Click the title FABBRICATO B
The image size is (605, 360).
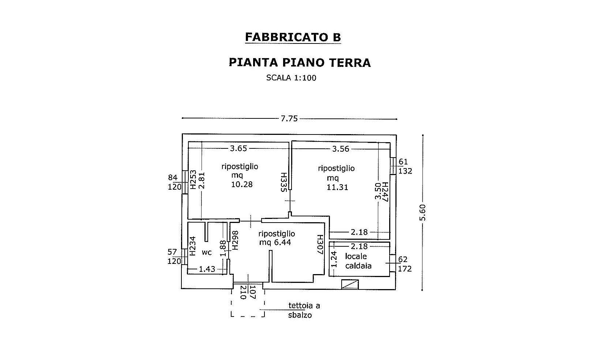click(x=293, y=37)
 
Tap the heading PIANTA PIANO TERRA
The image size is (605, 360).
click(x=300, y=62)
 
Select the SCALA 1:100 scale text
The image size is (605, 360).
click(x=291, y=78)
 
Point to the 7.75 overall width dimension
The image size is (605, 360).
click(x=289, y=118)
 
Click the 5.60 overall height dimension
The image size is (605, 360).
click(x=422, y=213)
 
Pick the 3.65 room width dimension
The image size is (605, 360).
click(x=238, y=148)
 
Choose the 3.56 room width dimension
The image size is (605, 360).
click(x=341, y=149)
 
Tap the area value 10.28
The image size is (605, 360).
click(x=242, y=184)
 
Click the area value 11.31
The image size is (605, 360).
click(x=337, y=187)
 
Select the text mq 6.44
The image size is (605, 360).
click(x=275, y=242)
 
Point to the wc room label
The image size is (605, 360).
click(x=207, y=253)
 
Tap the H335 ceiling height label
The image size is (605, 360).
click(x=283, y=182)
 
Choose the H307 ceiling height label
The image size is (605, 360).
click(x=320, y=244)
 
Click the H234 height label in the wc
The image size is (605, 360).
click(x=192, y=246)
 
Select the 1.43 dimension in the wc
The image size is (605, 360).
click(x=207, y=269)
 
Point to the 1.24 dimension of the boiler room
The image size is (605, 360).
click(x=334, y=259)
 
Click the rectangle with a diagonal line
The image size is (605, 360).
click(x=350, y=284)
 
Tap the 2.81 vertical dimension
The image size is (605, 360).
click(x=202, y=180)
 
